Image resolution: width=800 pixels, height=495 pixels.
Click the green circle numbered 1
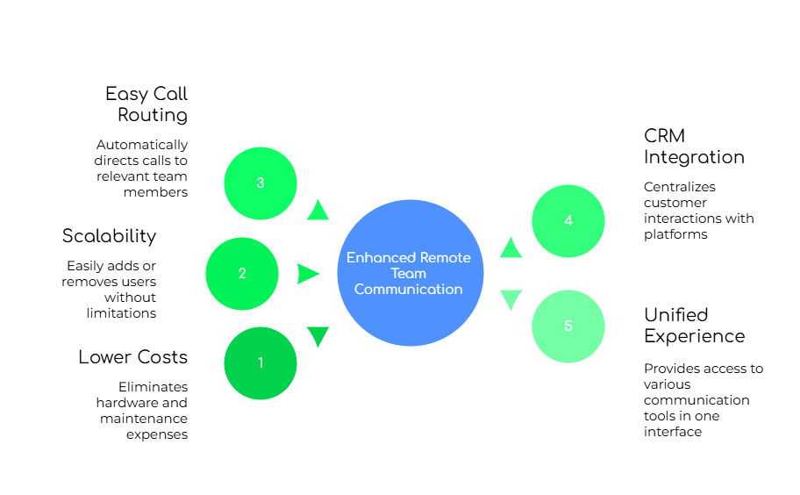(261, 362)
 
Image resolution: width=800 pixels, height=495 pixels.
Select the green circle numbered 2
(242, 273)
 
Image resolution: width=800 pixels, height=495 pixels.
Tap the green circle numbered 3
(261, 183)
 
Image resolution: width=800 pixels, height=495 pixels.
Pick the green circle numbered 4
(568, 221)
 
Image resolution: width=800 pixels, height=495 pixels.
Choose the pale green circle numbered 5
(568, 326)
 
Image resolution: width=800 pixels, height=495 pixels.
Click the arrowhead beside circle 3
(318, 210)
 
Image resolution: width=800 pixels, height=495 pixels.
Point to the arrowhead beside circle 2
(308, 274)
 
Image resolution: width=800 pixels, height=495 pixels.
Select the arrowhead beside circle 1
(318, 336)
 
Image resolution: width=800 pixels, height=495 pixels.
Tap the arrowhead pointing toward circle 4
(511, 248)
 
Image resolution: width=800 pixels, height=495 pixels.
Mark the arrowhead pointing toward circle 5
(511, 299)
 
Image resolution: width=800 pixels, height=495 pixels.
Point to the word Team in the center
(409, 273)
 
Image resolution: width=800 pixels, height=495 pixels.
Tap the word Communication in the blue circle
(409, 289)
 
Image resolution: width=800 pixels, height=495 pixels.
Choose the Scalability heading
(109, 235)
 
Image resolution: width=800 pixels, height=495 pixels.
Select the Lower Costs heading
(132, 357)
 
